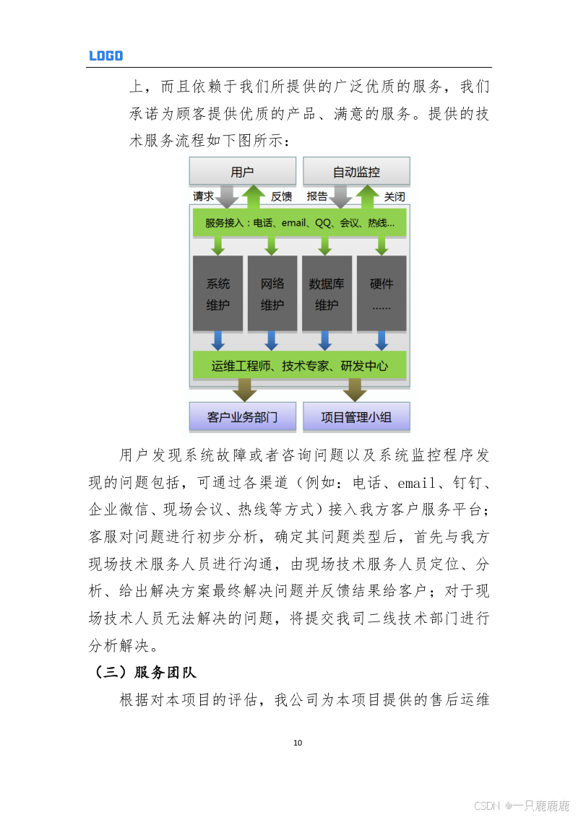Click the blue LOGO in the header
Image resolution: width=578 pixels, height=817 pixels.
pos(105,56)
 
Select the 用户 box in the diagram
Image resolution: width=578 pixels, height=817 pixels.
pos(242,172)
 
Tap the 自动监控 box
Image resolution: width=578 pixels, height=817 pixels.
pos(355,172)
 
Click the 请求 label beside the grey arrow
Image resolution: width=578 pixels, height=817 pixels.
pos(203,196)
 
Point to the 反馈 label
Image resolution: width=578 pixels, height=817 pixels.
pos(281,196)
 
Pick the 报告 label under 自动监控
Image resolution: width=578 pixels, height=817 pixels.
pos(317,196)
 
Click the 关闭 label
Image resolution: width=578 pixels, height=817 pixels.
pos(394,196)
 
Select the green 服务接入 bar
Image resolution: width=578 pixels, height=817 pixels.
pos(299,223)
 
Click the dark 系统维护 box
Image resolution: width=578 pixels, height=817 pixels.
pos(217,294)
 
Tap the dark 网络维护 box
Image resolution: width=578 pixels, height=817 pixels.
pos(272,294)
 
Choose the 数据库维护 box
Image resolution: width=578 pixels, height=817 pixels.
pos(327,294)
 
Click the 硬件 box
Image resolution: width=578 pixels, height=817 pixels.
pos(381,294)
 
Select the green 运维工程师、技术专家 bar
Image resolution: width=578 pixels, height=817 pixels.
pos(299,366)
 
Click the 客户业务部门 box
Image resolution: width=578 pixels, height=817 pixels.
pos(242,417)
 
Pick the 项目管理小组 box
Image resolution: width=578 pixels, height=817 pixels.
pos(355,417)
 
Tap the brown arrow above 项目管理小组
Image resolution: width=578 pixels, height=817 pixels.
pos(354,390)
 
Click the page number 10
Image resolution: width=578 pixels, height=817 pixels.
pos(298,743)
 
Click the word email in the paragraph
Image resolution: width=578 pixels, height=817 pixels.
pos(415,483)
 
